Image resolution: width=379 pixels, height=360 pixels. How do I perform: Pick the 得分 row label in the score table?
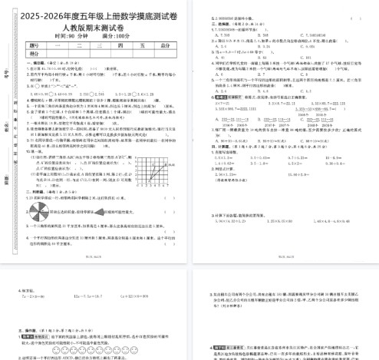(x=33, y=54)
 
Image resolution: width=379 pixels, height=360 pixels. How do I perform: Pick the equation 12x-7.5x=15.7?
(x=90, y=295)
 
